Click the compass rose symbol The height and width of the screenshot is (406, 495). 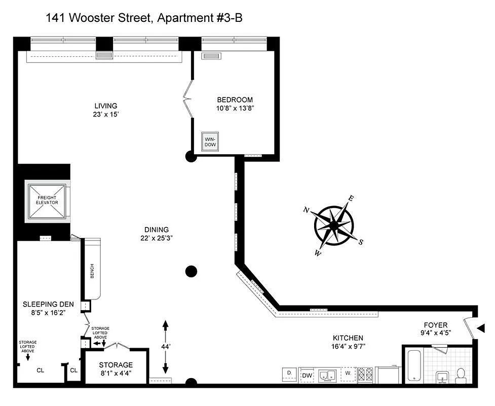[x=333, y=225]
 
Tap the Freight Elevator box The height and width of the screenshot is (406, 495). [x=47, y=202]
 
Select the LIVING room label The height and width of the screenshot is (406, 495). [x=105, y=106]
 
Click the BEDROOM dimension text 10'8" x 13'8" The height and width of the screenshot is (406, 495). [x=235, y=108]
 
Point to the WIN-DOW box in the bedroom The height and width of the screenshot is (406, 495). [x=209, y=141]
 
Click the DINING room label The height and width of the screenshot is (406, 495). [x=156, y=229]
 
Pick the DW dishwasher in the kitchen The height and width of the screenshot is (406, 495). [x=307, y=376]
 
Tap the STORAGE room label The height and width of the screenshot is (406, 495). [x=116, y=365]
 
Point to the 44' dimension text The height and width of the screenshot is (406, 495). [x=165, y=346]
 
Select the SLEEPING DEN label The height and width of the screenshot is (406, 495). [x=48, y=304]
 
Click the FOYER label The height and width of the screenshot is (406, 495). [x=436, y=325]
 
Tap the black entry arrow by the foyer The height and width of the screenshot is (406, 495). [x=481, y=329]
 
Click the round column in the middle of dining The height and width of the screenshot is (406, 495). [x=191, y=272]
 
